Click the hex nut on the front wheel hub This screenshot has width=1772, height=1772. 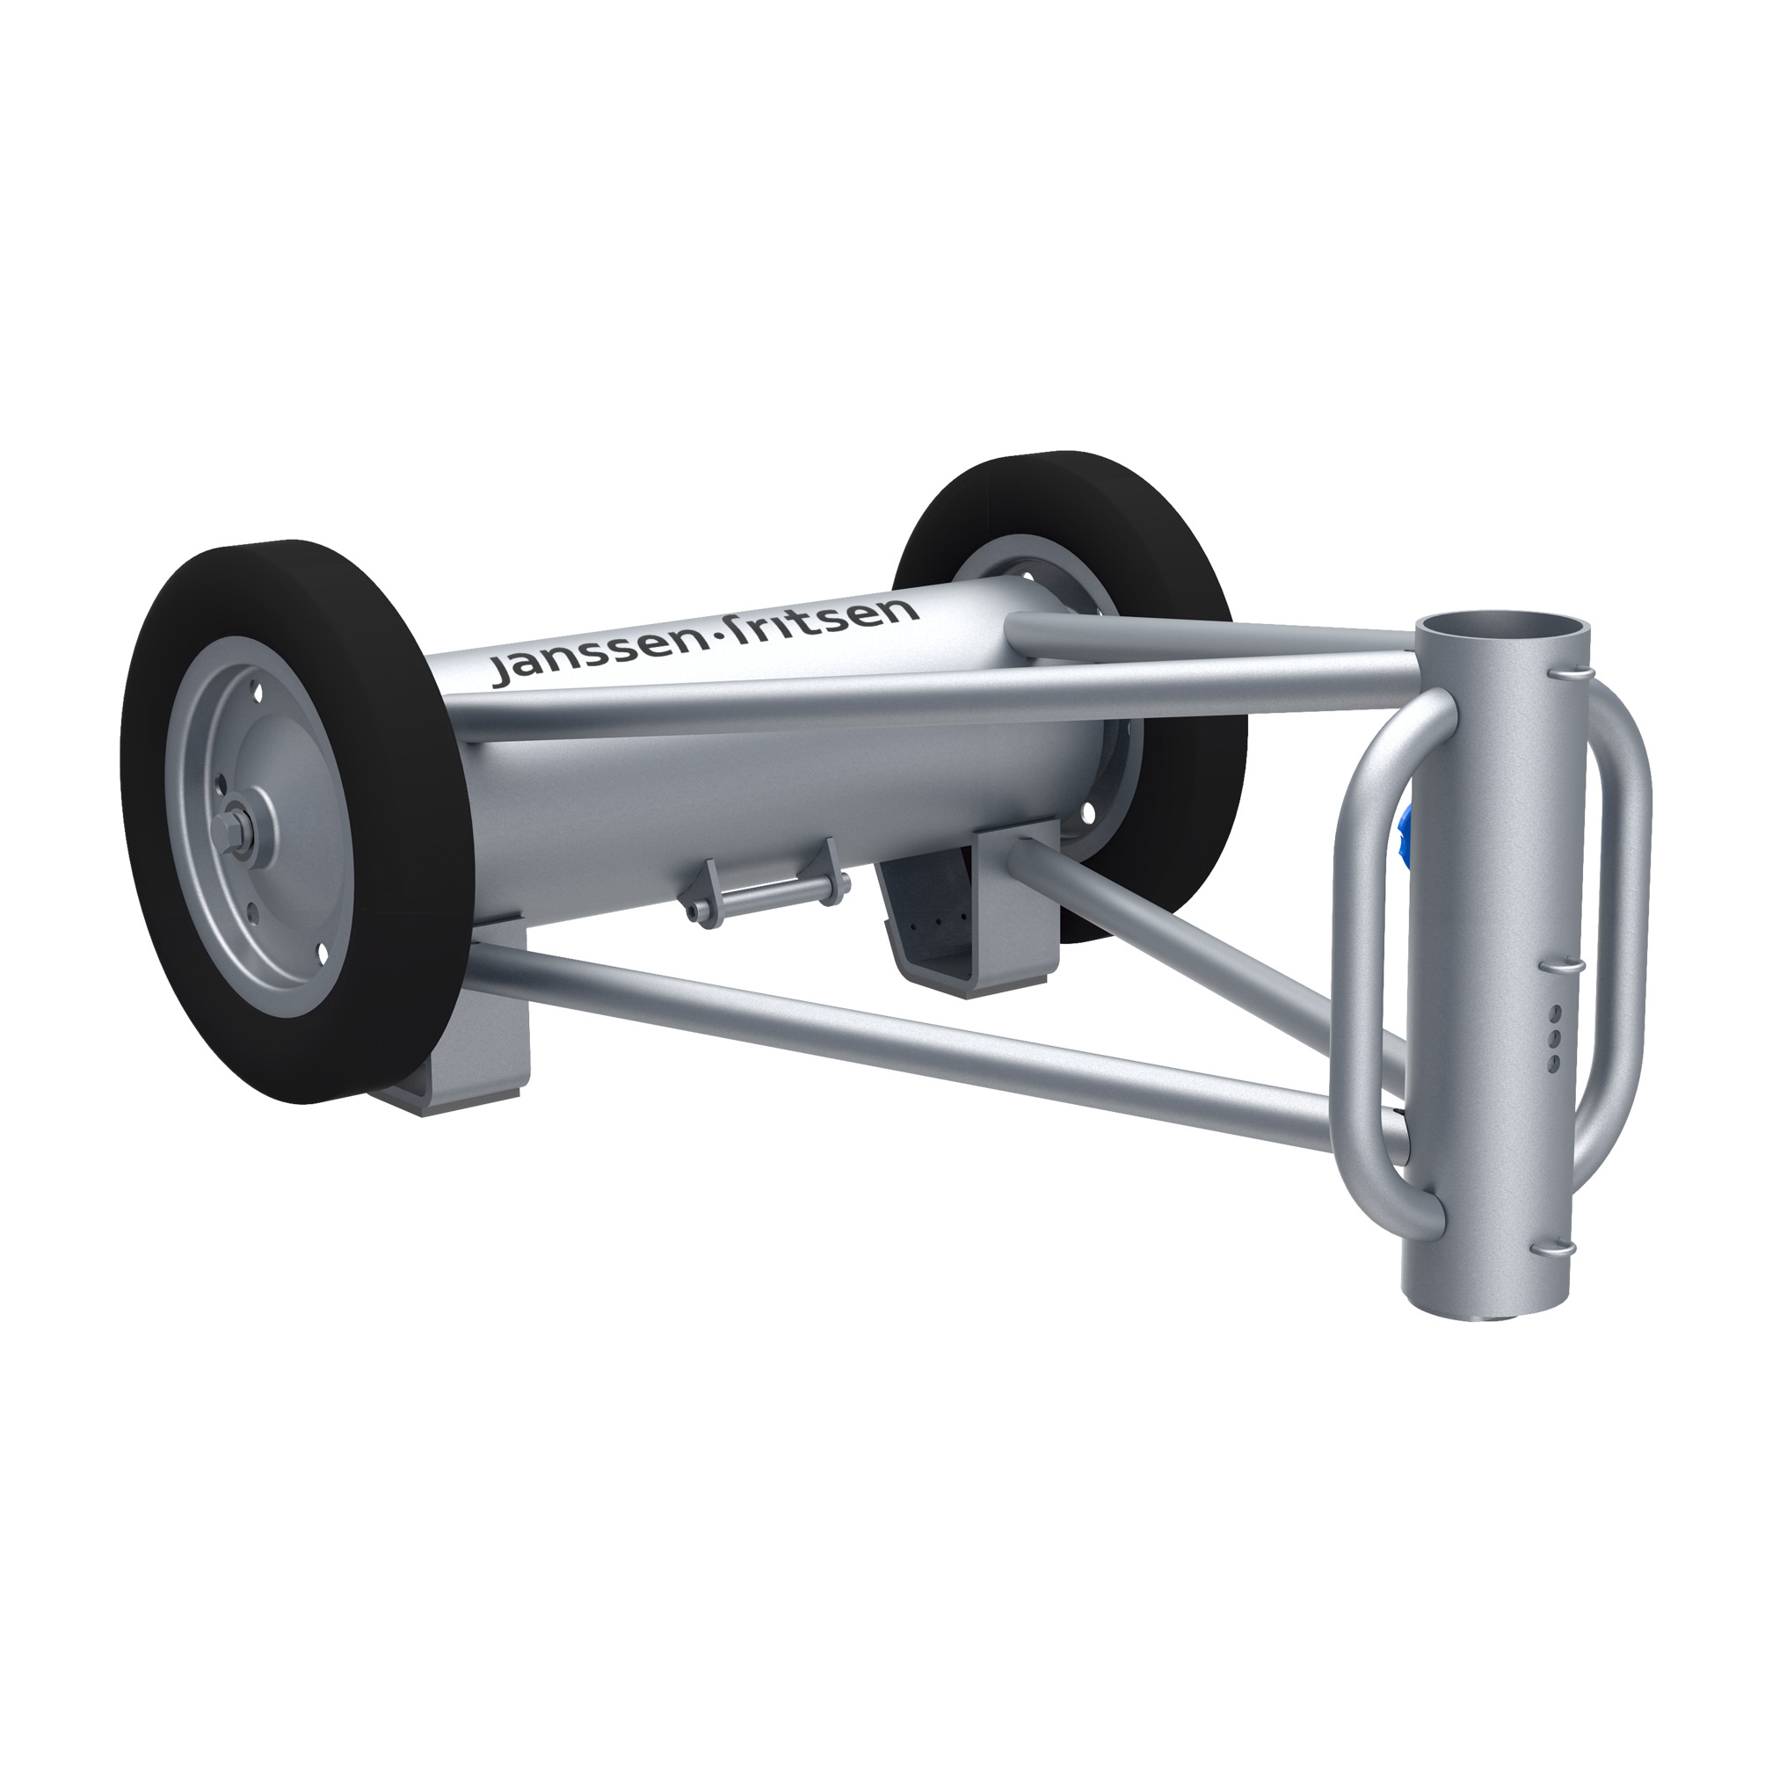tap(227, 829)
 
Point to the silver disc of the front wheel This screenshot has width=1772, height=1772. tap(275, 807)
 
